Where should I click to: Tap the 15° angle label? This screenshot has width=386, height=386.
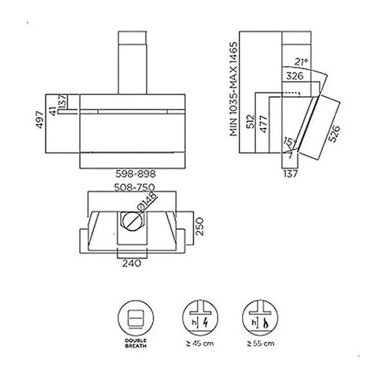[291, 143]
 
